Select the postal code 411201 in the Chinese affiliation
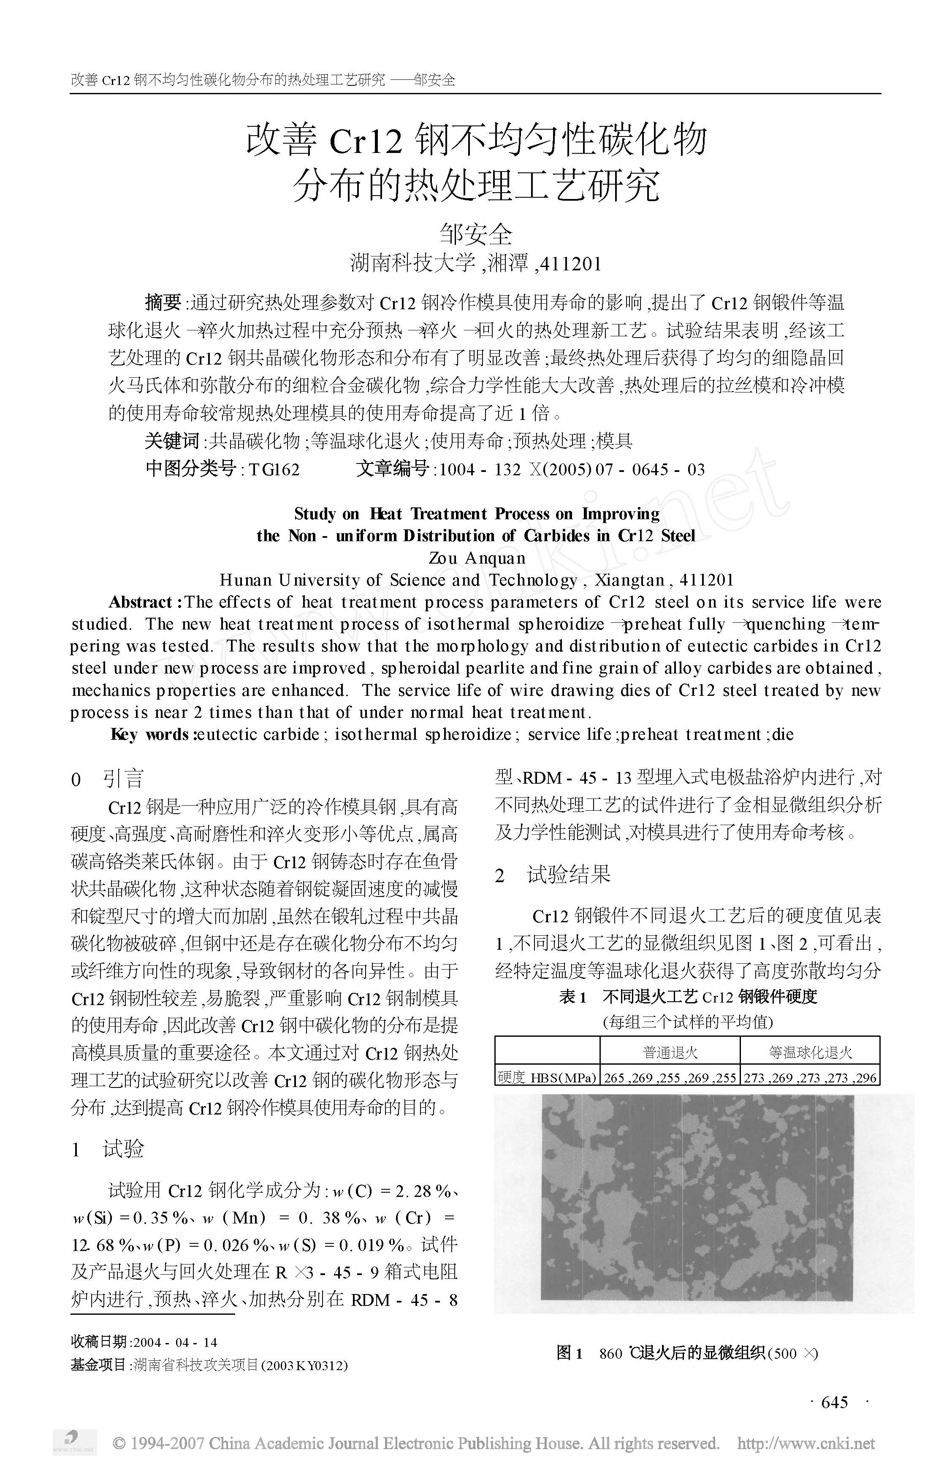coord(570,264)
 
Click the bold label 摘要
coord(163,302)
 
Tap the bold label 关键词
coord(172,441)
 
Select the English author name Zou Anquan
coord(477,558)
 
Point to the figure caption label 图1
coord(570,1353)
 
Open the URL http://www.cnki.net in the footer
coord(806,1444)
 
